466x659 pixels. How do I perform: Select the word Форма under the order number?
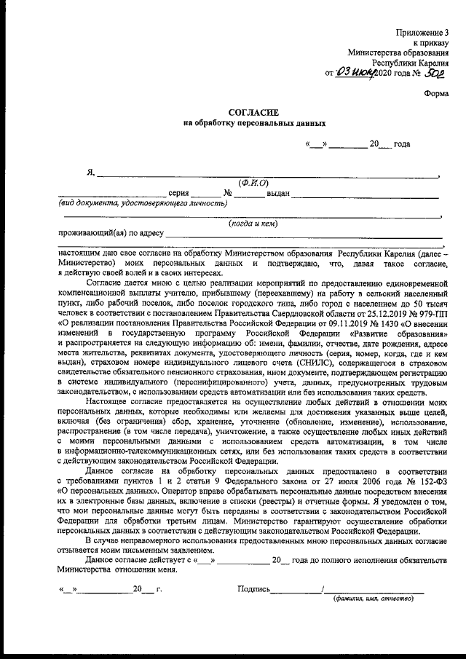438,92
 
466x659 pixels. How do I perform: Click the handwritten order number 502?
435,73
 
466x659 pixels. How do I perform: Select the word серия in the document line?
178,194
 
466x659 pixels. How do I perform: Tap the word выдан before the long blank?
279,194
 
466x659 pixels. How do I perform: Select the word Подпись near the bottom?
254,588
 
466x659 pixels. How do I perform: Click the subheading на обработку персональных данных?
253,124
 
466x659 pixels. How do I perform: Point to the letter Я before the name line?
91,173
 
